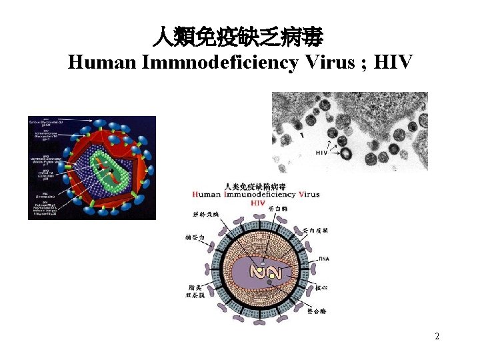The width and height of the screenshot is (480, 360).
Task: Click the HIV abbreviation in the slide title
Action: point(394,63)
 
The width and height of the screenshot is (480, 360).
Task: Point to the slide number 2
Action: point(437,337)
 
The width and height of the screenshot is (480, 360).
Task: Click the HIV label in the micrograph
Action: point(321,153)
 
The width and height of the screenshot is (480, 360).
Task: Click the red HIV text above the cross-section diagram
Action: point(258,203)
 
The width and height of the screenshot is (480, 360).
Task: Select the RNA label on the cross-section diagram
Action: point(325,258)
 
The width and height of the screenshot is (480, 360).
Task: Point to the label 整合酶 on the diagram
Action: point(317,311)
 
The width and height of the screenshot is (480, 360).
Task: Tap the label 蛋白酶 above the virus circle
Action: point(276,209)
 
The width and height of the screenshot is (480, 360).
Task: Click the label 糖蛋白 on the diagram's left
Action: point(196,238)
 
